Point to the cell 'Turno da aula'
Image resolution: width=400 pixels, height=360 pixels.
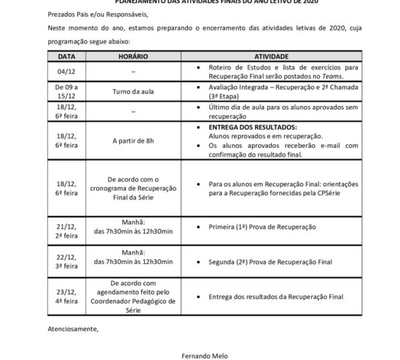[133, 91]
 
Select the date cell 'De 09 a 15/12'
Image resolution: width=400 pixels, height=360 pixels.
[67, 91]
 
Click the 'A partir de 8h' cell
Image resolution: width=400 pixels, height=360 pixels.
[133, 140]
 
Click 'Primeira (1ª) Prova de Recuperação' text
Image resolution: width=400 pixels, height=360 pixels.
[261, 227]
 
